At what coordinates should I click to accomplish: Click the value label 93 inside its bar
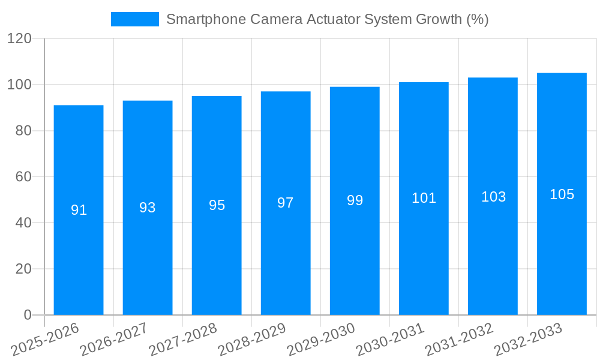pos(148,208)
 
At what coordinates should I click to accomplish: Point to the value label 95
pos(217,205)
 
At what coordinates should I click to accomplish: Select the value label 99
pos(355,200)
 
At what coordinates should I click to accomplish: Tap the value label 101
pos(424,198)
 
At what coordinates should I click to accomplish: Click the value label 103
pos(493,196)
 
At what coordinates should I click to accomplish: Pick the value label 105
pos(562,194)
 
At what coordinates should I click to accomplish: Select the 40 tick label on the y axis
pos(24,223)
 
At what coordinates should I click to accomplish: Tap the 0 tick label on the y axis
pos(28,315)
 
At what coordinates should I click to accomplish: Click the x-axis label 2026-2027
pos(113,340)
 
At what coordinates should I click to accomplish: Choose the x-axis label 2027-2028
pos(182,340)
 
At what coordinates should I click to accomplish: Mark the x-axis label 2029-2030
pos(320,340)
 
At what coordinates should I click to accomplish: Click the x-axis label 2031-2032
pos(458,340)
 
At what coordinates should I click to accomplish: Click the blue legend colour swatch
pos(135,19)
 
